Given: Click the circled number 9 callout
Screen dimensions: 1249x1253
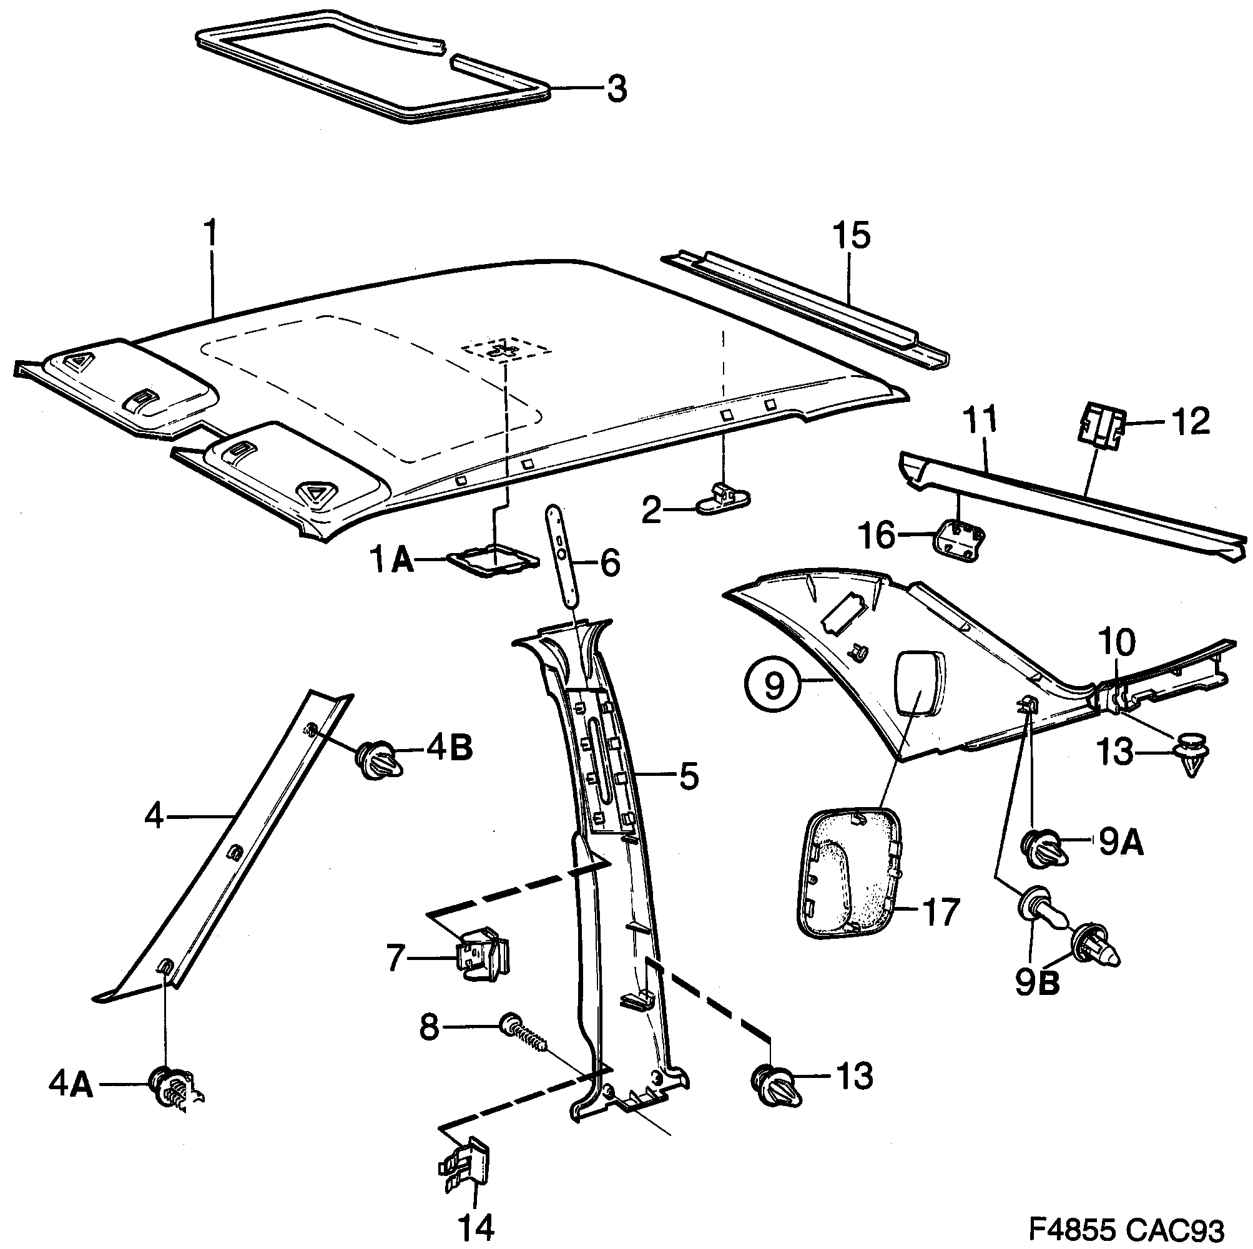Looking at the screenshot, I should pyautogui.click(x=774, y=685).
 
